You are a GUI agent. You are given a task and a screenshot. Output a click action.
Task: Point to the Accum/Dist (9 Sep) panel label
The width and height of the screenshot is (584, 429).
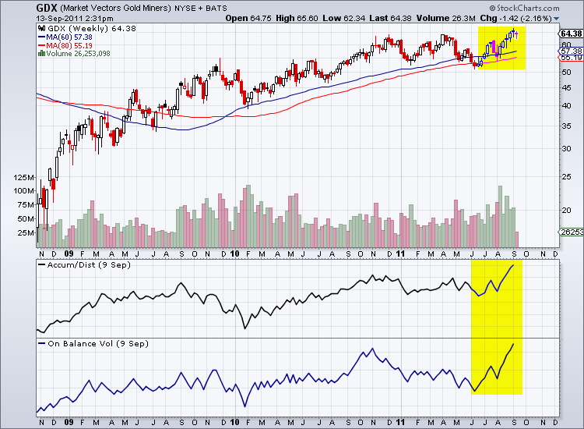(x=79, y=266)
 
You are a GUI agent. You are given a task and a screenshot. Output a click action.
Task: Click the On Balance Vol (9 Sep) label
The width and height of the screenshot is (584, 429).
(x=87, y=343)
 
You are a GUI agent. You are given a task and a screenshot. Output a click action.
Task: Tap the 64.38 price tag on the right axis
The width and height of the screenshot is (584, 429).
(x=570, y=34)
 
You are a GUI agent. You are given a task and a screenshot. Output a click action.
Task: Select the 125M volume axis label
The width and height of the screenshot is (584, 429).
(x=23, y=179)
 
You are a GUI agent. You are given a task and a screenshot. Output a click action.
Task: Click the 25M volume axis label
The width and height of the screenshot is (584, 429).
(x=26, y=232)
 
